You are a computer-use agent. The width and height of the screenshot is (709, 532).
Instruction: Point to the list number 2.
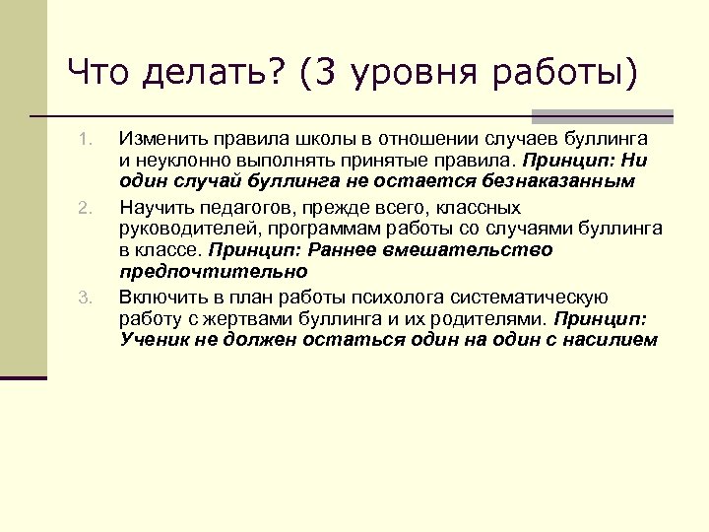click(85, 208)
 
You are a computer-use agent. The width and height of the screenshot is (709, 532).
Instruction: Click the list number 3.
click(85, 298)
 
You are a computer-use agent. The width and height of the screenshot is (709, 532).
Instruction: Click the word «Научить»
click(157, 207)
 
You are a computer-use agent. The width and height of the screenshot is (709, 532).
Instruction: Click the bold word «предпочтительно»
click(214, 272)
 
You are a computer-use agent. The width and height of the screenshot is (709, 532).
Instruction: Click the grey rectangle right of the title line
click(602, 115)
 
